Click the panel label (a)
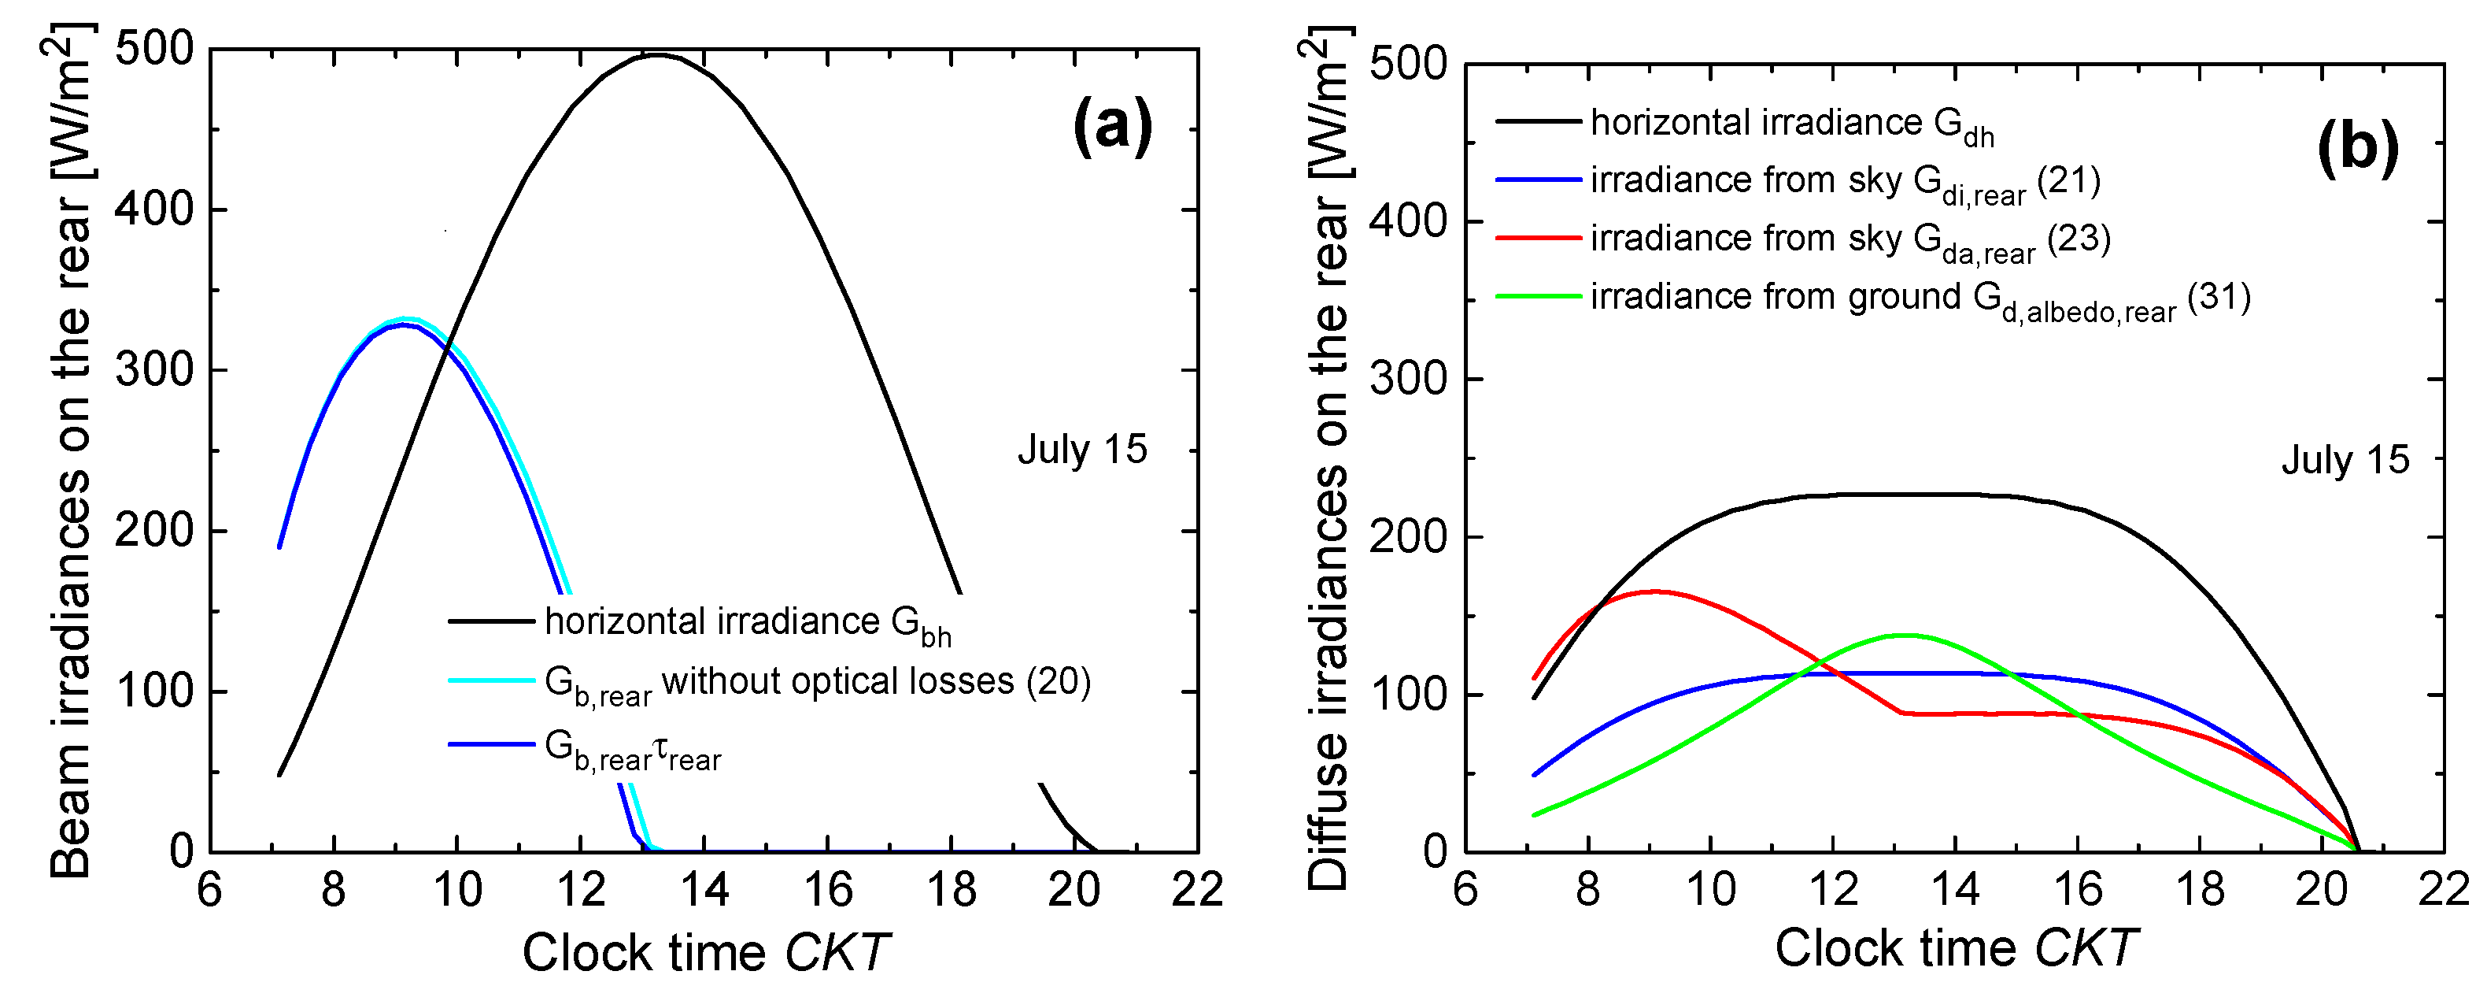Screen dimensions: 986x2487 click(1112, 127)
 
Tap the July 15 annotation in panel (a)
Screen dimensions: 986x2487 click(1081, 450)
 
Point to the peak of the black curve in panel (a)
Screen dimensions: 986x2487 click(656, 55)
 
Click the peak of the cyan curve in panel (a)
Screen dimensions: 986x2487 click(405, 319)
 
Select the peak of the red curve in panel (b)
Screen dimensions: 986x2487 click(1653, 591)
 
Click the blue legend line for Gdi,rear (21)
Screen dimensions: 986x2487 click(1538, 180)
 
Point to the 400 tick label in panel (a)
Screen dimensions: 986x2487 click(154, 209)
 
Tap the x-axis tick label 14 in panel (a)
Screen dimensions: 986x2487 click(704, 889)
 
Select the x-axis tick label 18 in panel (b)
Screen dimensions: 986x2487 click(2199, 889)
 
